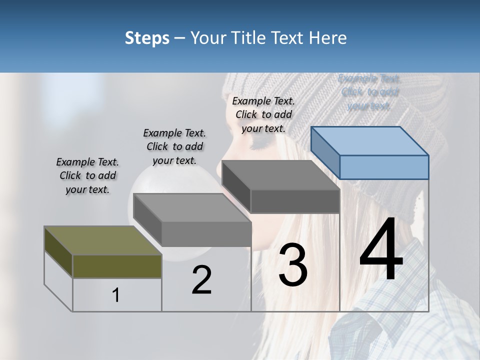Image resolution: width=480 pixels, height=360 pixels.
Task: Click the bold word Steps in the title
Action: coord(147,38)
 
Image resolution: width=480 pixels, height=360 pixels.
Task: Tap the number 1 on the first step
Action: coord(116,295)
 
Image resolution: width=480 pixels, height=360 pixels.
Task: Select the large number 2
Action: coord(201,280)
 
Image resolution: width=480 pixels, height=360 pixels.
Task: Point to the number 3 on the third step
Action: coord(292,265)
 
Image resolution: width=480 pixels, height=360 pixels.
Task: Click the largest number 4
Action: coord(381,250)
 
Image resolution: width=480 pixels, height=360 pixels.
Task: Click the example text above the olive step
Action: coord(87,175)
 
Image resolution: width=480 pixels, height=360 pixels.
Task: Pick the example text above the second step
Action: coord(174,146)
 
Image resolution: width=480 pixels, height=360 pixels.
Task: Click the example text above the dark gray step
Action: coord(263,114)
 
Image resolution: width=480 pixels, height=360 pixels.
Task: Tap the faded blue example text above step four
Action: coord(369,92)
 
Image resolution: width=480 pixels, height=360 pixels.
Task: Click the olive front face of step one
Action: coord(117,266)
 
